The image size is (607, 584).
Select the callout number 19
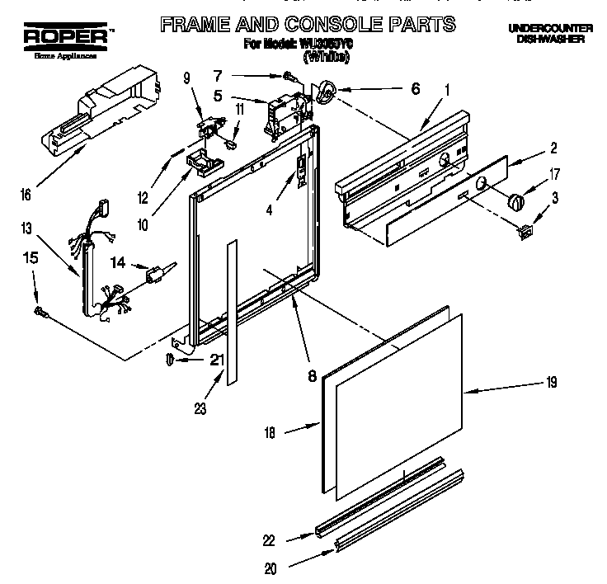(x=551, y=382)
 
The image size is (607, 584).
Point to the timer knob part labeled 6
(x=327, y=95)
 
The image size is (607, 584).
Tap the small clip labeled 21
(x=169, y=359)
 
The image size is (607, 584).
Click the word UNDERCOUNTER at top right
(x=545, y=28)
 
